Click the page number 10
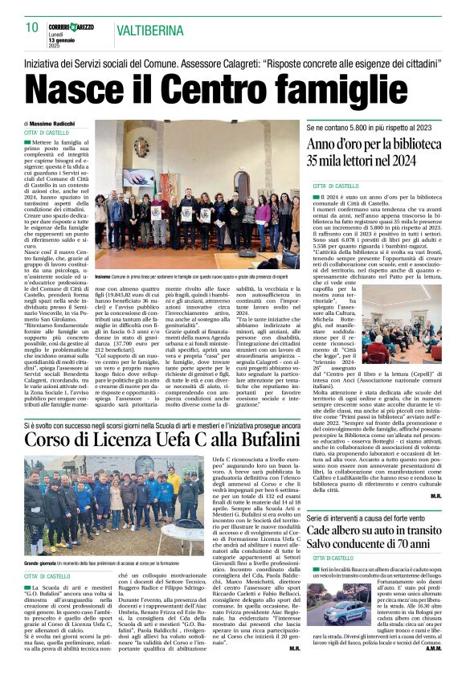pyautogui.click(x=32, y=27)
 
